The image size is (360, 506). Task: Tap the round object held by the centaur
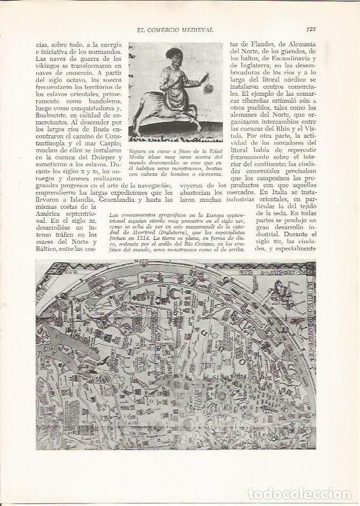pos(206,82)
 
